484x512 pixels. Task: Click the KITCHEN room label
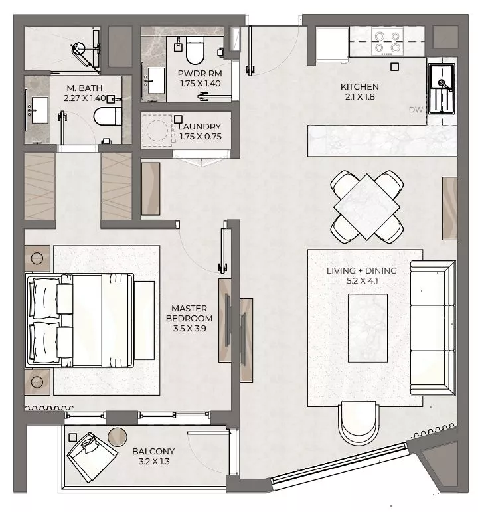360,87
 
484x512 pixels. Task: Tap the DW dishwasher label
416,110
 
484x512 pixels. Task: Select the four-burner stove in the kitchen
387,41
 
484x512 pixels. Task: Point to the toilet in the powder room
195,50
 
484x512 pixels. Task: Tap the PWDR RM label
200,74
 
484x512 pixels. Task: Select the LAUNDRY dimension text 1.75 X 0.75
201,137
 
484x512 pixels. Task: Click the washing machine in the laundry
157,130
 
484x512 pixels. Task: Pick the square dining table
367,207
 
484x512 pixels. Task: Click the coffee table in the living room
368,328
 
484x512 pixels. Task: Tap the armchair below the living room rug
359,423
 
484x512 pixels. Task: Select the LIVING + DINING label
362,271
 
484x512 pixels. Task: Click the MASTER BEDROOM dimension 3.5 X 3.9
190,329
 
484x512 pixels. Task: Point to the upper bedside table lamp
37,258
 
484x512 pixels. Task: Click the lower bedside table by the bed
37,382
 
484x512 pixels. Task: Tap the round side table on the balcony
118,436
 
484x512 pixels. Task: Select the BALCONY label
153,452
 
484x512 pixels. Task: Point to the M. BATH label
84,88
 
